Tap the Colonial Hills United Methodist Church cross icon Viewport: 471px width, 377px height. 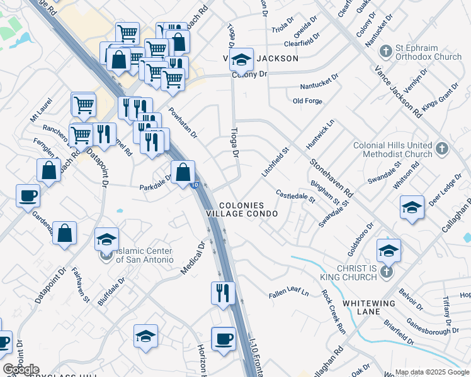point(442,150)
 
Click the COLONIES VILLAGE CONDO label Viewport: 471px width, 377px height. point(249,210)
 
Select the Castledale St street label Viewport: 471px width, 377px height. point(295,197)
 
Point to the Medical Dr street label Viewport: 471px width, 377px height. point(194,258)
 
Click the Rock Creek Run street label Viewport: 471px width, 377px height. point(334,310)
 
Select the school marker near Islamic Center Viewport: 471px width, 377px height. point(106,239)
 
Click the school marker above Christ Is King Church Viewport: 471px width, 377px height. point(389,249)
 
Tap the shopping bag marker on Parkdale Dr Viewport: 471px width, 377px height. point(183,172)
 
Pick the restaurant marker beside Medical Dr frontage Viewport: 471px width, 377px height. point(223,293)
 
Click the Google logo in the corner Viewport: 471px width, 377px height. point(21,369)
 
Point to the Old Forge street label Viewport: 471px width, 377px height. point(307,101)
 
